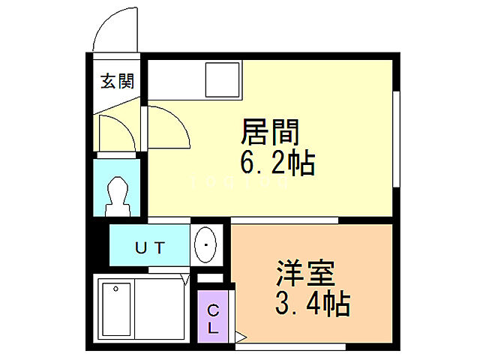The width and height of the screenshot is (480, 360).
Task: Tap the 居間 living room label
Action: click(x=271, y=133)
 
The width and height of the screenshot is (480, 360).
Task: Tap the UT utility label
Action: click(x=150, y=245)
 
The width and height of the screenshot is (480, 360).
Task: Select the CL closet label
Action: click(x=213, y=319)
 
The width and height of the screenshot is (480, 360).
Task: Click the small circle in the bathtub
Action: click(x=115, y=289)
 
